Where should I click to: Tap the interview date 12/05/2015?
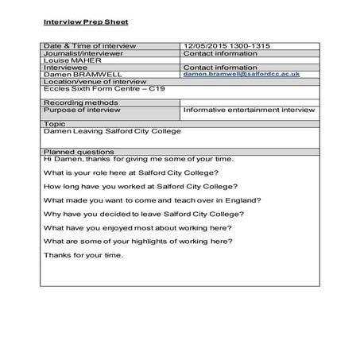[x=204, y=46]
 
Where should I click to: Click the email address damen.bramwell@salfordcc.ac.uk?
[x=241, y=73]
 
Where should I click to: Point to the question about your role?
[x=130, y=172]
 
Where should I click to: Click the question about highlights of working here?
[x=137, y=240]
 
